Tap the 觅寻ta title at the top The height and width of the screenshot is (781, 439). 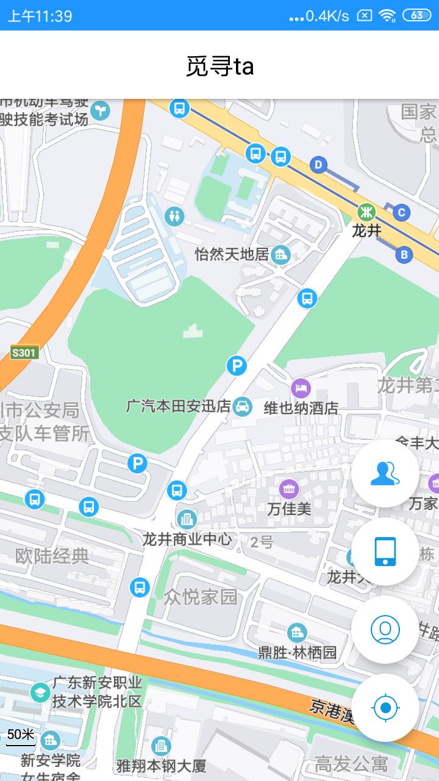point(220,66)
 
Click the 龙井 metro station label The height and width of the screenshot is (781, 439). point(366,231)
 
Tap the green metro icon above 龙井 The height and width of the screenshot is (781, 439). point(366,212)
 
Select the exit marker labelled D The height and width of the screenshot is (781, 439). point(318,164)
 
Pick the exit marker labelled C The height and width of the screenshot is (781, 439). point(401,212)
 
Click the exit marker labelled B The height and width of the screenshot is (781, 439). point(404,254)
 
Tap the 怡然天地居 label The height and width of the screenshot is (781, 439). point(232,254)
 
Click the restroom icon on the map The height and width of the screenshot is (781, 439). point(174,215)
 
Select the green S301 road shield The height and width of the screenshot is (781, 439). point(24,352)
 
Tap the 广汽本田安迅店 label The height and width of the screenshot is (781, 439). point(178,406)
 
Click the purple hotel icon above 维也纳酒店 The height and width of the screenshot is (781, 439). point(301,387)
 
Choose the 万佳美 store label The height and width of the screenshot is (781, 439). point(289,508)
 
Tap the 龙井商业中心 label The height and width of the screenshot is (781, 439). point(187,539)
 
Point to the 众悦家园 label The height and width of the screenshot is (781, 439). point(200,597)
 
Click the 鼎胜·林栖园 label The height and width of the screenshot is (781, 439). point(298,652)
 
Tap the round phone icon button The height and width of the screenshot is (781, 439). point(385,552)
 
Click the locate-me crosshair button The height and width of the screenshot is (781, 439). point(385,708)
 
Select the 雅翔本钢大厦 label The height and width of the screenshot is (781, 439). point(161,765)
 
